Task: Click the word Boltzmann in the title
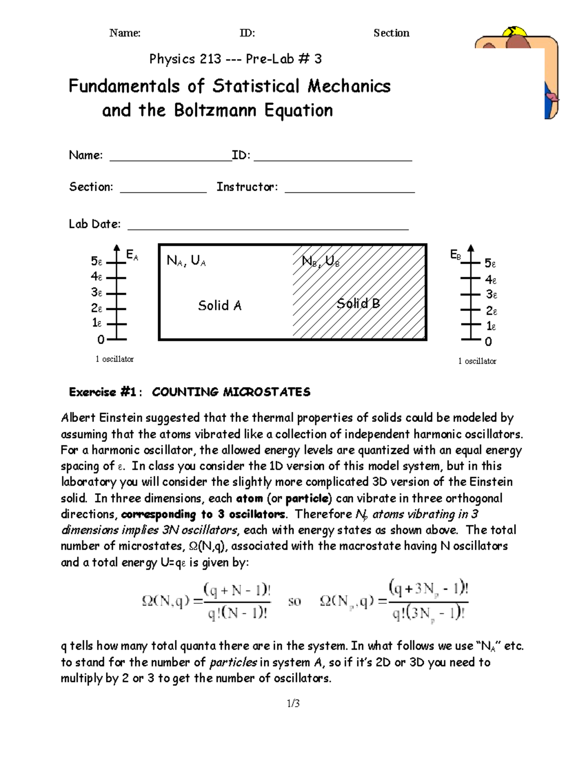click(215, 110)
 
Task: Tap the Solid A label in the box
click(219, 306)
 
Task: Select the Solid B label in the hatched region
click(358, 304)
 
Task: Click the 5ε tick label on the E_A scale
click(96, 261)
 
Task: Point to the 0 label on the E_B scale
click(488, 342)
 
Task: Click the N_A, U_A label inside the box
click(186, 261)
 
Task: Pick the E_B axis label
click(455, 255)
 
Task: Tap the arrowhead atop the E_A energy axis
click(117, 248)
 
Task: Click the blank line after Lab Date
click(268, 228)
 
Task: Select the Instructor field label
click(247, 187)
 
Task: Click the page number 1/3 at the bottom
click(293, 703)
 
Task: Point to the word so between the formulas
click(294, 601)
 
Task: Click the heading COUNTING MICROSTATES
click(231, 392)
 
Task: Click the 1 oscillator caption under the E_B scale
click(477, 361)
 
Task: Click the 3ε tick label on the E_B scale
click(491, 295)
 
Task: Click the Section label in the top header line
click(391, 33)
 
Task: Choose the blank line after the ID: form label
click(333, 159)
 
